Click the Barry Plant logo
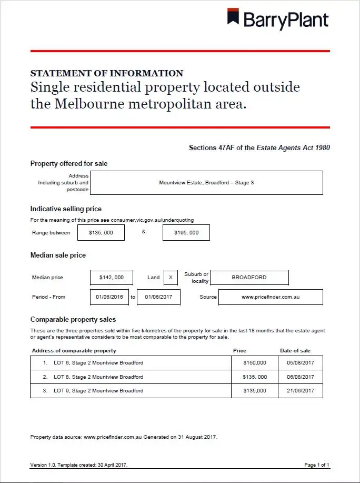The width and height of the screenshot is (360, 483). click(277, 19)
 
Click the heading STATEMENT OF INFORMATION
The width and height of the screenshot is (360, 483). click(107, 73)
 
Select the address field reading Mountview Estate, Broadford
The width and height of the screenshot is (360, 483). click(207, 183)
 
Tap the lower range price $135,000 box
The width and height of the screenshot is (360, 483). click(101, 232)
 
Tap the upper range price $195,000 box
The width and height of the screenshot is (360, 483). click(186, 232)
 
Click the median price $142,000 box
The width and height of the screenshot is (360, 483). click(112, 278)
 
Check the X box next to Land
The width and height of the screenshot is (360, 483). click(171, 278)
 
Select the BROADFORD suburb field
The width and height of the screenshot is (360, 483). click(249, 278)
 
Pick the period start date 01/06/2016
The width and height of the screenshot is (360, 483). click(109, 297)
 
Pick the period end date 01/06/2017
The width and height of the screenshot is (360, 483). click(158, 297)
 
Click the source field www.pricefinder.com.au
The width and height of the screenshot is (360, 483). click(271, 297)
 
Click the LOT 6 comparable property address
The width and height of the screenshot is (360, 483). click(98, 363)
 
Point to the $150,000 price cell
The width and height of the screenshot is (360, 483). click(255, 363)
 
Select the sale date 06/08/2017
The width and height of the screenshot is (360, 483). click(301, 377)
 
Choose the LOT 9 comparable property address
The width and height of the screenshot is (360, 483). click(98, 391)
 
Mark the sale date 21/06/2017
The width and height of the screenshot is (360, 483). click(301, 391)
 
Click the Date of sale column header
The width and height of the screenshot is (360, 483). click(295, 351)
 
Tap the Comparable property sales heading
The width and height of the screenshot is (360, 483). click(73, 319)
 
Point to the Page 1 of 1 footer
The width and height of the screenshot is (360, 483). click(317, 465)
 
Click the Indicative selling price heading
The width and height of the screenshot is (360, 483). click(66, 209)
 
